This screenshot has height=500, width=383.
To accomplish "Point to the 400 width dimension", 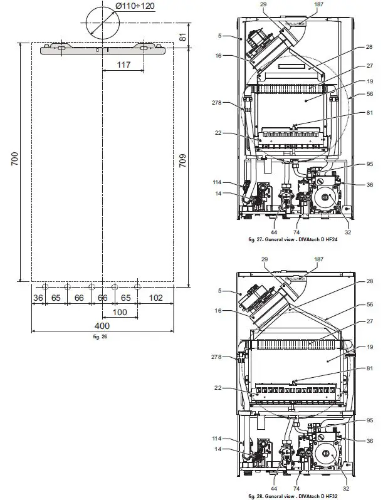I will click(102, 326).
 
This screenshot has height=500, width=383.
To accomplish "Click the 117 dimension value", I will click(123, 64).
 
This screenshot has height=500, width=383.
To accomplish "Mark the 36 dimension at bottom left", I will click(38, 299).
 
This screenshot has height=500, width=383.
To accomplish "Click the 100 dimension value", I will click(119, 312).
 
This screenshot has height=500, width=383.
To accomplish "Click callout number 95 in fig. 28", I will click(369, 420).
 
